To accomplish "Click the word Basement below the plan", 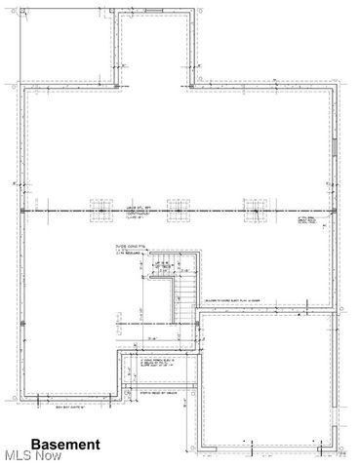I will point(65,444).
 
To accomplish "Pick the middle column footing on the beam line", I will point(177,210).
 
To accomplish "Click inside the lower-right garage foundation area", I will point(268,380).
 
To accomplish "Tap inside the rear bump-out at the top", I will point(151,49).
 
